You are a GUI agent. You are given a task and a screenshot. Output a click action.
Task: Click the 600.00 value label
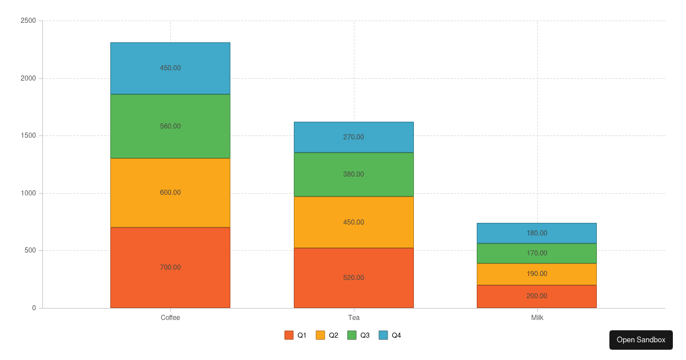pyautogui.click(x=170, y=193)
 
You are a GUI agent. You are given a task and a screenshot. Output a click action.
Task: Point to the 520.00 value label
pyautogui.click(x=353, y=278)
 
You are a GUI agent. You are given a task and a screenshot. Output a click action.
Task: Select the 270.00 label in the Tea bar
pyautogui.click(x=353, y=137)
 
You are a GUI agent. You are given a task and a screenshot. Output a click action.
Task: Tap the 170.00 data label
pyautogui.click(x=537, y=253)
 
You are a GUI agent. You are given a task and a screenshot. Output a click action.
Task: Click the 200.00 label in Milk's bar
pyautogui.click(x=537, y=296)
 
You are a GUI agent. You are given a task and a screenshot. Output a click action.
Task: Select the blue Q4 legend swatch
pyautogui.click(x=383, y=335)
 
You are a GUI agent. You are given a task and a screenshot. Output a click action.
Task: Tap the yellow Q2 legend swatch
pyautogui.click(x=320, y=335)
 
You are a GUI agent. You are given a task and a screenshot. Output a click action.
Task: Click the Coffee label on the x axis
pyautogui.click(x=170, y=318)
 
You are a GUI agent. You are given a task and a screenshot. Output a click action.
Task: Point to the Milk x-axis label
pyautogui.click(x=537, y=318)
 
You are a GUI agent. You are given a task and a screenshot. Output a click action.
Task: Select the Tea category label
pyautogui.click(x=353, y=318)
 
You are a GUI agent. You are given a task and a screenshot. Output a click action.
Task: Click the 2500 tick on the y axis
pyautogui.click(x=28, y=21)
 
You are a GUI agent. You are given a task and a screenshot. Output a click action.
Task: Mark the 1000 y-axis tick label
pyautogui.click(x=28, y=193)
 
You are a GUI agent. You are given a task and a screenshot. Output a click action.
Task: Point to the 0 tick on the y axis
pyautogui.click(x=34, y=308)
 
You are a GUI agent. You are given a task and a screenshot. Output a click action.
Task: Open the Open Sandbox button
pyautogui.click(x=641, y=340)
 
